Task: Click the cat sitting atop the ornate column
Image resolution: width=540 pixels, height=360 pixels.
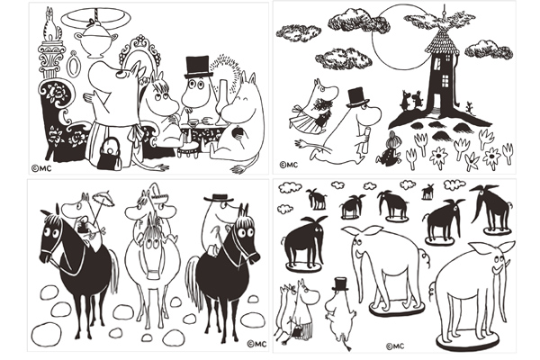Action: pos(50,25)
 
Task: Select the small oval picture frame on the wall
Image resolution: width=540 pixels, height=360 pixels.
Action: pos(73,65)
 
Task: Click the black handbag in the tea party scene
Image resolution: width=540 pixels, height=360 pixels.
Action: pos(110,155)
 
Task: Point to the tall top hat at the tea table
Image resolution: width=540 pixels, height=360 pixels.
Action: pos(198,67)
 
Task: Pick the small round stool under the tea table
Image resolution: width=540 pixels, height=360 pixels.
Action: pos(188,148)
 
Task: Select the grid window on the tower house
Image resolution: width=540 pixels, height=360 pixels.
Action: pos(445,81)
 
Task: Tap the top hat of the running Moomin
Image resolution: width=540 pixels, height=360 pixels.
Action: pos(357,97)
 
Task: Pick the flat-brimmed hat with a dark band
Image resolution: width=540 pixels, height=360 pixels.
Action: pos(219,198)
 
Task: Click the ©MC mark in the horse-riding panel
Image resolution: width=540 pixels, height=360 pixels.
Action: pos(256,344)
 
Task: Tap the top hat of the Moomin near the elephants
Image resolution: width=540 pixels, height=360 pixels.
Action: pos(340,284)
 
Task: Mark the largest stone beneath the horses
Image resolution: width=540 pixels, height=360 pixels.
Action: pos(46,335)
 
